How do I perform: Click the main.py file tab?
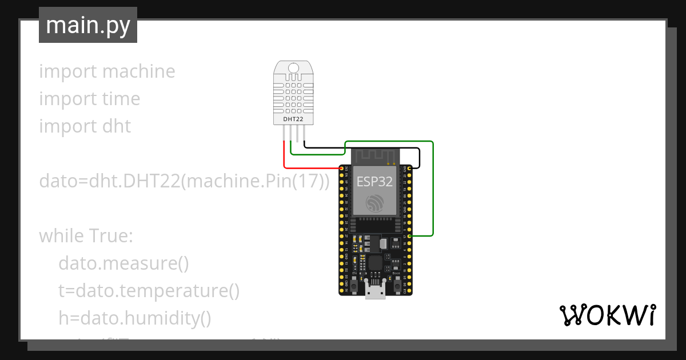(88, 25)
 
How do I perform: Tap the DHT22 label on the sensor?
(293, 119)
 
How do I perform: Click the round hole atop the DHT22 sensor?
(293, 69)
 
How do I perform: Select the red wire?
(309, 168)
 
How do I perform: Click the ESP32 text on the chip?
(375, 182)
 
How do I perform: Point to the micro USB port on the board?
(376, 292)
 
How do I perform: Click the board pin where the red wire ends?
(342, 168)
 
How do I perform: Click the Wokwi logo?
(607, 315)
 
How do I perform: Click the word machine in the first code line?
(138, 71)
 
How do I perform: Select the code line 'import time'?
(89, 99)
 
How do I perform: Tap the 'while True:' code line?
(86, 236)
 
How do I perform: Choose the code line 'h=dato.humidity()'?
(135, 318)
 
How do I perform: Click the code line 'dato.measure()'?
(123, 263)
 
